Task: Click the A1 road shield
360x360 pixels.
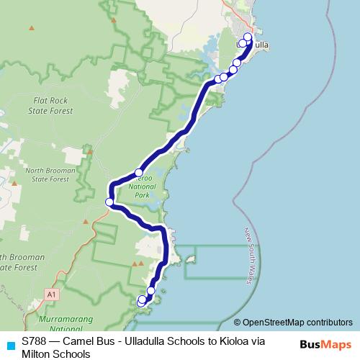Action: tap(50, 294)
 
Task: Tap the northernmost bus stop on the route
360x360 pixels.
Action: tap(248, 37)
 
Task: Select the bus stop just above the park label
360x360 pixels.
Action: tap(139, 173)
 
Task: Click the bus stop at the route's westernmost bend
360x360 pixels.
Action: tap(110, 202)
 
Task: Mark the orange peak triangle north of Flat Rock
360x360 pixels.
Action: tap(31, 28)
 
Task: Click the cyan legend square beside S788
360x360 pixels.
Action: tap(11, 342)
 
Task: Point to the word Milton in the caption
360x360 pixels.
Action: tap(37, 354)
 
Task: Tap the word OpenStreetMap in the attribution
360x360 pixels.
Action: tap(271, 323)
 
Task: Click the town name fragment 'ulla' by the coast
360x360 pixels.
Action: tap(261, 45)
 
